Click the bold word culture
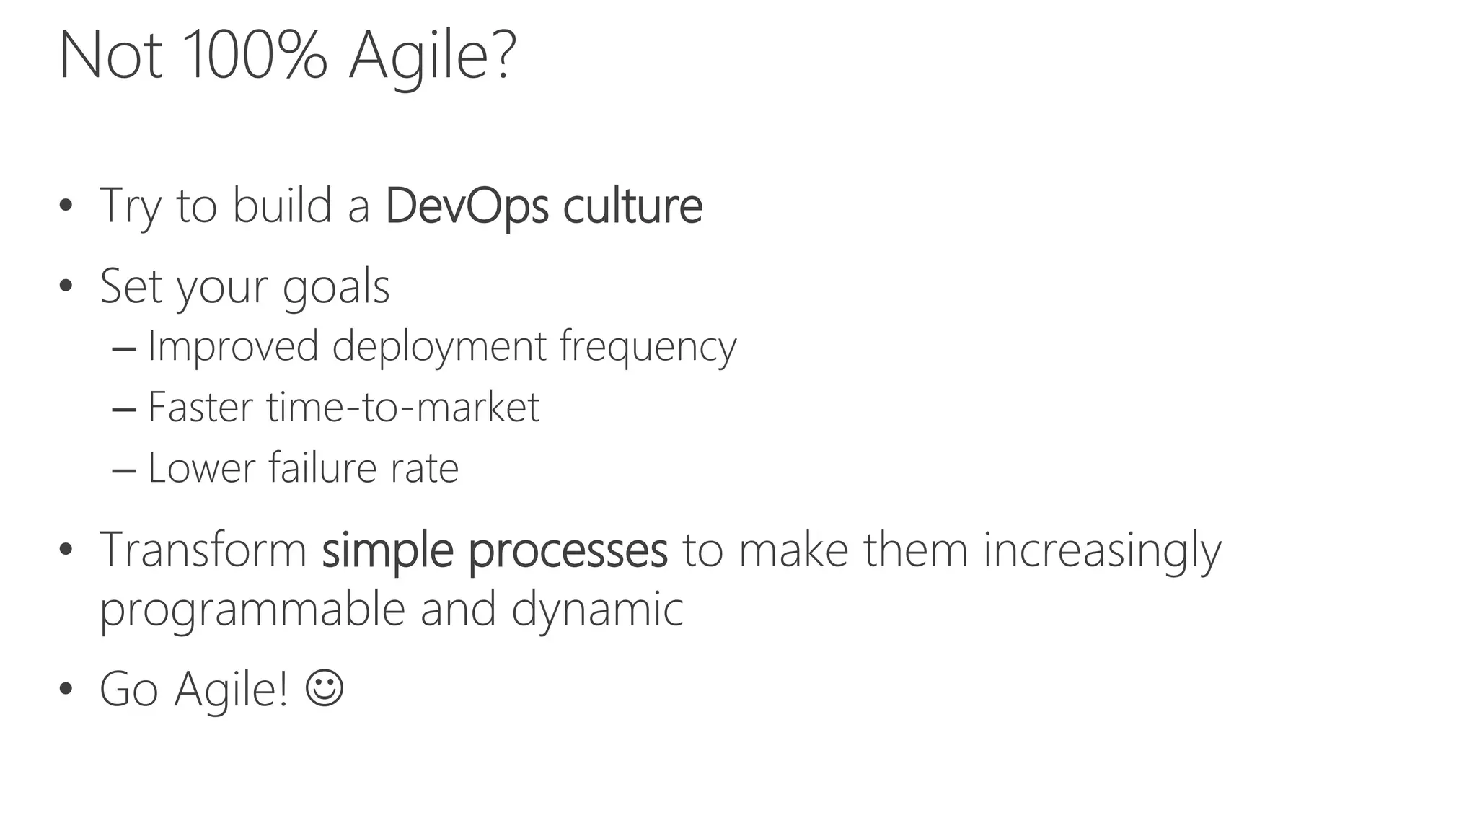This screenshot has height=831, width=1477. pos(632,206)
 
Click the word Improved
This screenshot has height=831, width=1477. pos(233,346)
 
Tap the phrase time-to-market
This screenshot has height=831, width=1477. pos(402,408)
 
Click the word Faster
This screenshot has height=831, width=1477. pos(200,408)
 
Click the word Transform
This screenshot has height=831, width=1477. pos(203,550)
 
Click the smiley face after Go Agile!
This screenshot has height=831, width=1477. pos(324,688)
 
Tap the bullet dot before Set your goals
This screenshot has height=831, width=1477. pos(66,286)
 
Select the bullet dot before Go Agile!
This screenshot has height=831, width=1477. pos(66,689)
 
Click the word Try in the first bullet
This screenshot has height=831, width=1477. pos(130,208)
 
